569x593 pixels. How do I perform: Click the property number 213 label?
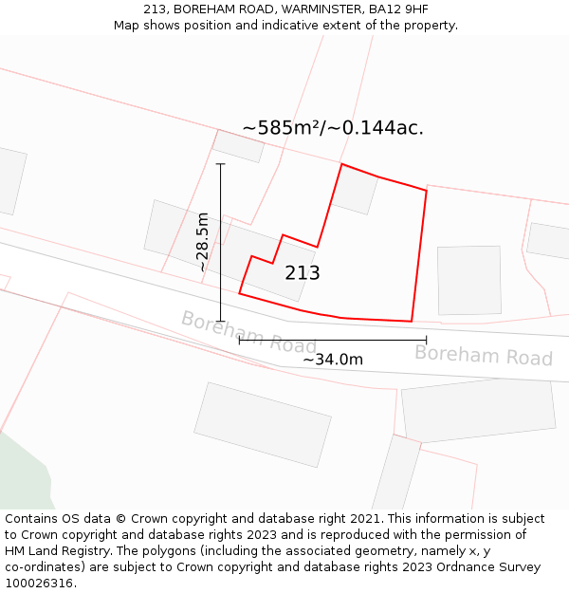coord(303,273)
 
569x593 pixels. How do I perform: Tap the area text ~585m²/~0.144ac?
coord(333,128)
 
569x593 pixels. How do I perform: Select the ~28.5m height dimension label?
coord(202,242)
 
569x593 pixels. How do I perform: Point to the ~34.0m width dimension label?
coord(333,360)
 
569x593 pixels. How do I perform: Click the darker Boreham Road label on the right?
coord(484,356)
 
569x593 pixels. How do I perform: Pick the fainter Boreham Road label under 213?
coord(248,332)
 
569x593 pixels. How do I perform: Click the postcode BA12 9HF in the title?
coord(398,9)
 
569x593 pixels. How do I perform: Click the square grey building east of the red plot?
coord(469,280)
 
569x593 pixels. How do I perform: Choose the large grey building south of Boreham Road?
coord(263,424)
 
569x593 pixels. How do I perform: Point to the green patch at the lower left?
coord(21,474)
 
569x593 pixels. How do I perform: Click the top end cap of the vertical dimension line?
coord(221,164)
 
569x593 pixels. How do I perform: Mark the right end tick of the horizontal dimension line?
coord(426,340)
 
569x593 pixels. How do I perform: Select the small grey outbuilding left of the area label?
coord(238,146)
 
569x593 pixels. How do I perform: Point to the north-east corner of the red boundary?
coord(426,191)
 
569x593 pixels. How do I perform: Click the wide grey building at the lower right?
coord(478,410)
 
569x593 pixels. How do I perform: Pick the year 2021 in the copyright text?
coord(368,519)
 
